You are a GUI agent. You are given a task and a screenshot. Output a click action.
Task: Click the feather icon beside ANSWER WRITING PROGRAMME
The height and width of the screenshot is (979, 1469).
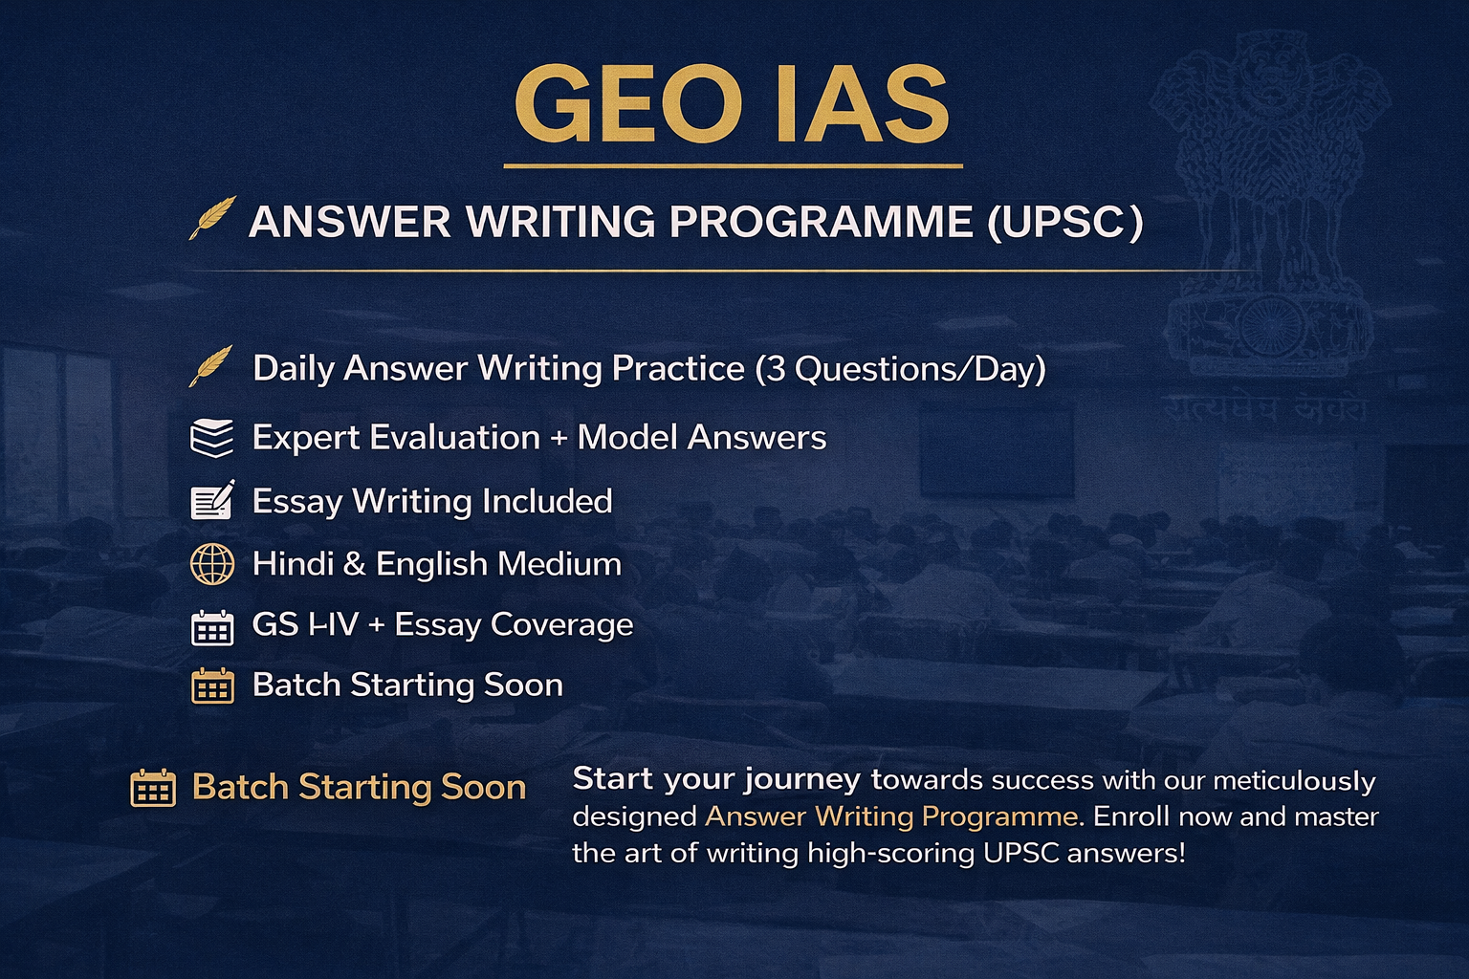(212, 218)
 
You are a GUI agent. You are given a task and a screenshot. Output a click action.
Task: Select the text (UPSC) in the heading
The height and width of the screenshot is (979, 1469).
(1065, 222)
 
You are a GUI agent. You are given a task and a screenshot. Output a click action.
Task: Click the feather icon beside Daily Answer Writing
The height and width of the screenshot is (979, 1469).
(211, 366)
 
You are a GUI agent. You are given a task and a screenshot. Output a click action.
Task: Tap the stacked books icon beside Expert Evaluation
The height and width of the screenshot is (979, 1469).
(211, 438)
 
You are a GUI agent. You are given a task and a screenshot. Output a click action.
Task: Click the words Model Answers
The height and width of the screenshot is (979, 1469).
(702, 438)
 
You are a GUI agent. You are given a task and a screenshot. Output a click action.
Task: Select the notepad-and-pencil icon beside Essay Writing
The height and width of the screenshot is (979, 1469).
(212, 501)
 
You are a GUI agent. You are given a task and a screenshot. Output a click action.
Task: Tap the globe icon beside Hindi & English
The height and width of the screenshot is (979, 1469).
(212, 564)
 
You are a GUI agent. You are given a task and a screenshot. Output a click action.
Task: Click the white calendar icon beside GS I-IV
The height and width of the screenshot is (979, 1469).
(212, 627)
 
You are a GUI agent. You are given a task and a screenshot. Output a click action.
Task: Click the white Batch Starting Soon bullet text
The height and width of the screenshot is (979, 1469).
(407, 685)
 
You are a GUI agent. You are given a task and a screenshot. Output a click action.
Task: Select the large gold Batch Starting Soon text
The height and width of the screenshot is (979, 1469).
(359, 787)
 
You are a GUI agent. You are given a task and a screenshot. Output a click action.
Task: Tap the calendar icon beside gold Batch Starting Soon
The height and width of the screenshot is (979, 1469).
(153, 789)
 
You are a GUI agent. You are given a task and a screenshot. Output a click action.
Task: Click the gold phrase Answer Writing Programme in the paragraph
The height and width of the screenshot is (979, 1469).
(891, 816)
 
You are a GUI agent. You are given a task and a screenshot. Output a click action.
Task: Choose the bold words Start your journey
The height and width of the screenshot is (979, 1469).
(715, 780)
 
